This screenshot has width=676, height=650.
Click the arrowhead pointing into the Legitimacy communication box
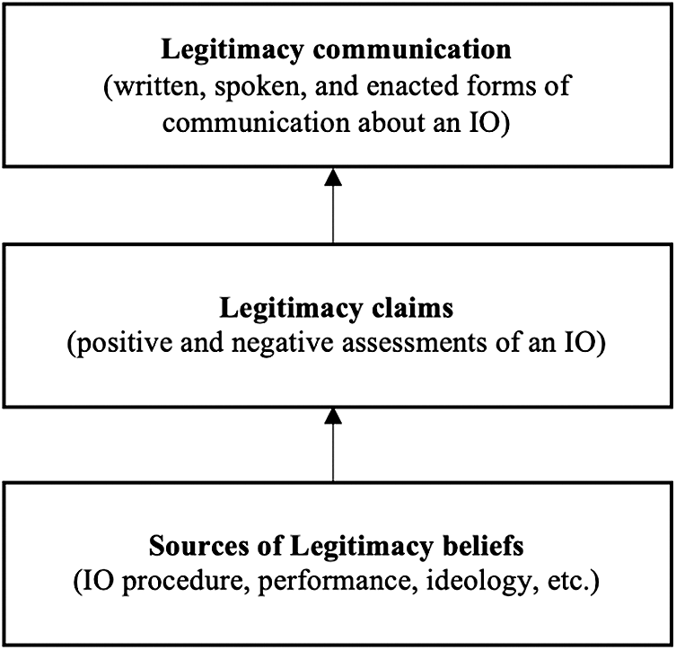pyautogui.click(x=333, y=176)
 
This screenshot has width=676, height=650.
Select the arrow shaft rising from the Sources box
pyautogui.click(x=333, y=452)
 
